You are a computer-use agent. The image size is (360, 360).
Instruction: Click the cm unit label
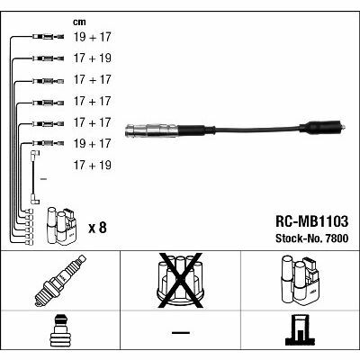tap(79, 22)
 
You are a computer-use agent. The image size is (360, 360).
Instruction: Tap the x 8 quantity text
tap(97, 228)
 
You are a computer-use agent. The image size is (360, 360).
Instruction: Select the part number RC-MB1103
tap(311, 221)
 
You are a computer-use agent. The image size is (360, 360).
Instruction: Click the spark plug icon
tap(60, 281)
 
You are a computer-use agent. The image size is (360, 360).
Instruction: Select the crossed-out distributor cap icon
tap(180, 281)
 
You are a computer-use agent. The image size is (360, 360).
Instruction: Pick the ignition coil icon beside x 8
tap(61, 227)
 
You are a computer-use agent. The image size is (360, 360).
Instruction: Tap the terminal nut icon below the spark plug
tap(60, 331)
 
